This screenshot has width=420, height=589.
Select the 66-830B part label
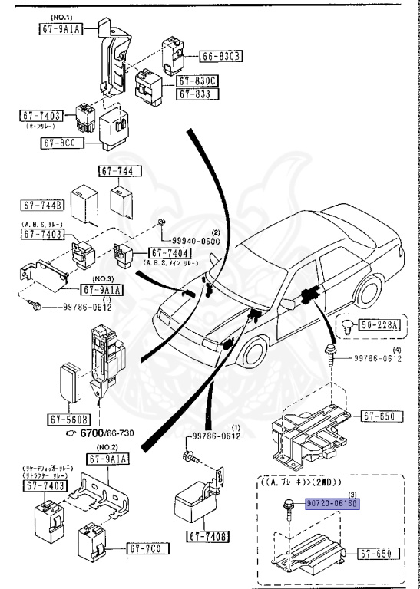221,56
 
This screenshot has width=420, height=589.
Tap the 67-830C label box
198,81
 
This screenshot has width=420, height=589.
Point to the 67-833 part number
198,94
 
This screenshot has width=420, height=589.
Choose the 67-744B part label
42,206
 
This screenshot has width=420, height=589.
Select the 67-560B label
69,420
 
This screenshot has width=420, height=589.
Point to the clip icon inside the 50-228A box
348,325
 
